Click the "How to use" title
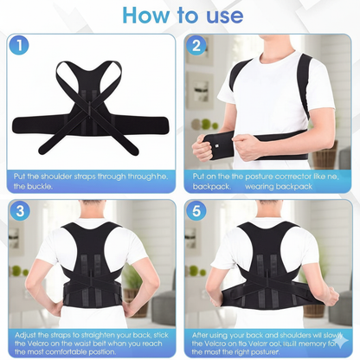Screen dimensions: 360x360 tap(180, 16)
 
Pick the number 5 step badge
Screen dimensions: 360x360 tap(197, 211)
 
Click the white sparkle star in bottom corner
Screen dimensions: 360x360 tap(344, 344)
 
